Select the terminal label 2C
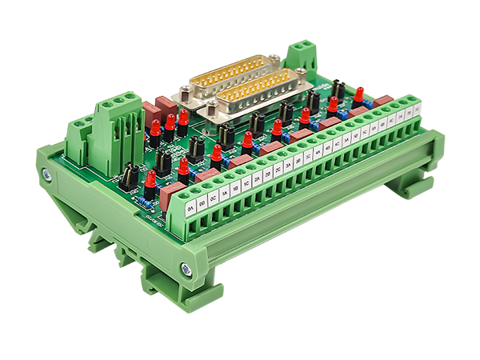pos(278,170)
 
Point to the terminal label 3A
pos(287,166)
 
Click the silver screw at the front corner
pos(186,270)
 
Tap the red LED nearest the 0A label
pos(150,181)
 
